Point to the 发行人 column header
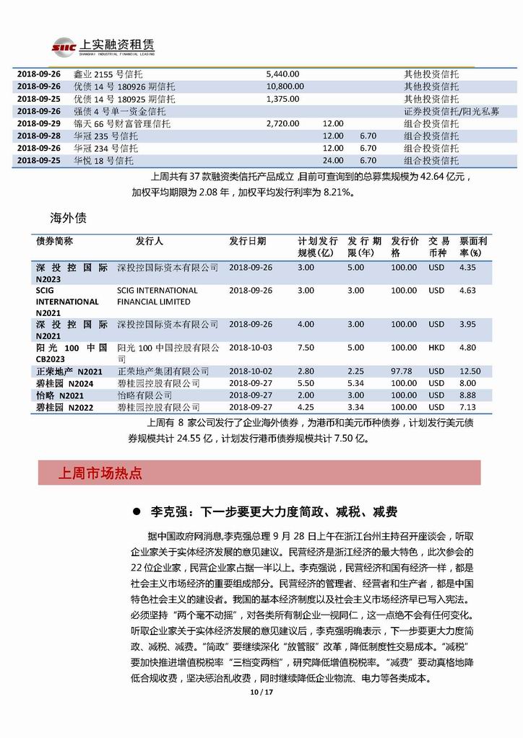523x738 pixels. pyautogui.click(x=150, y=241)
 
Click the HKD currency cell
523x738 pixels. pyautogui.click(x=436, y=347)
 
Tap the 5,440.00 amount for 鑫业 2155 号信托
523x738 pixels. pyautogui.click(x=282, y=74)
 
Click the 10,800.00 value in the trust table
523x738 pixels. pyautogui.click(x=285, y=86)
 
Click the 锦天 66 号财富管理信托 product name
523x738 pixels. pyautogui.click(x=121, y=123)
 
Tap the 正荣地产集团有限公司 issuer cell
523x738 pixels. pyautogui.click(x=163, y=371)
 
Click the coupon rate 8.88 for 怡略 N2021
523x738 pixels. pyautogui.click(x=467, y=395)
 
